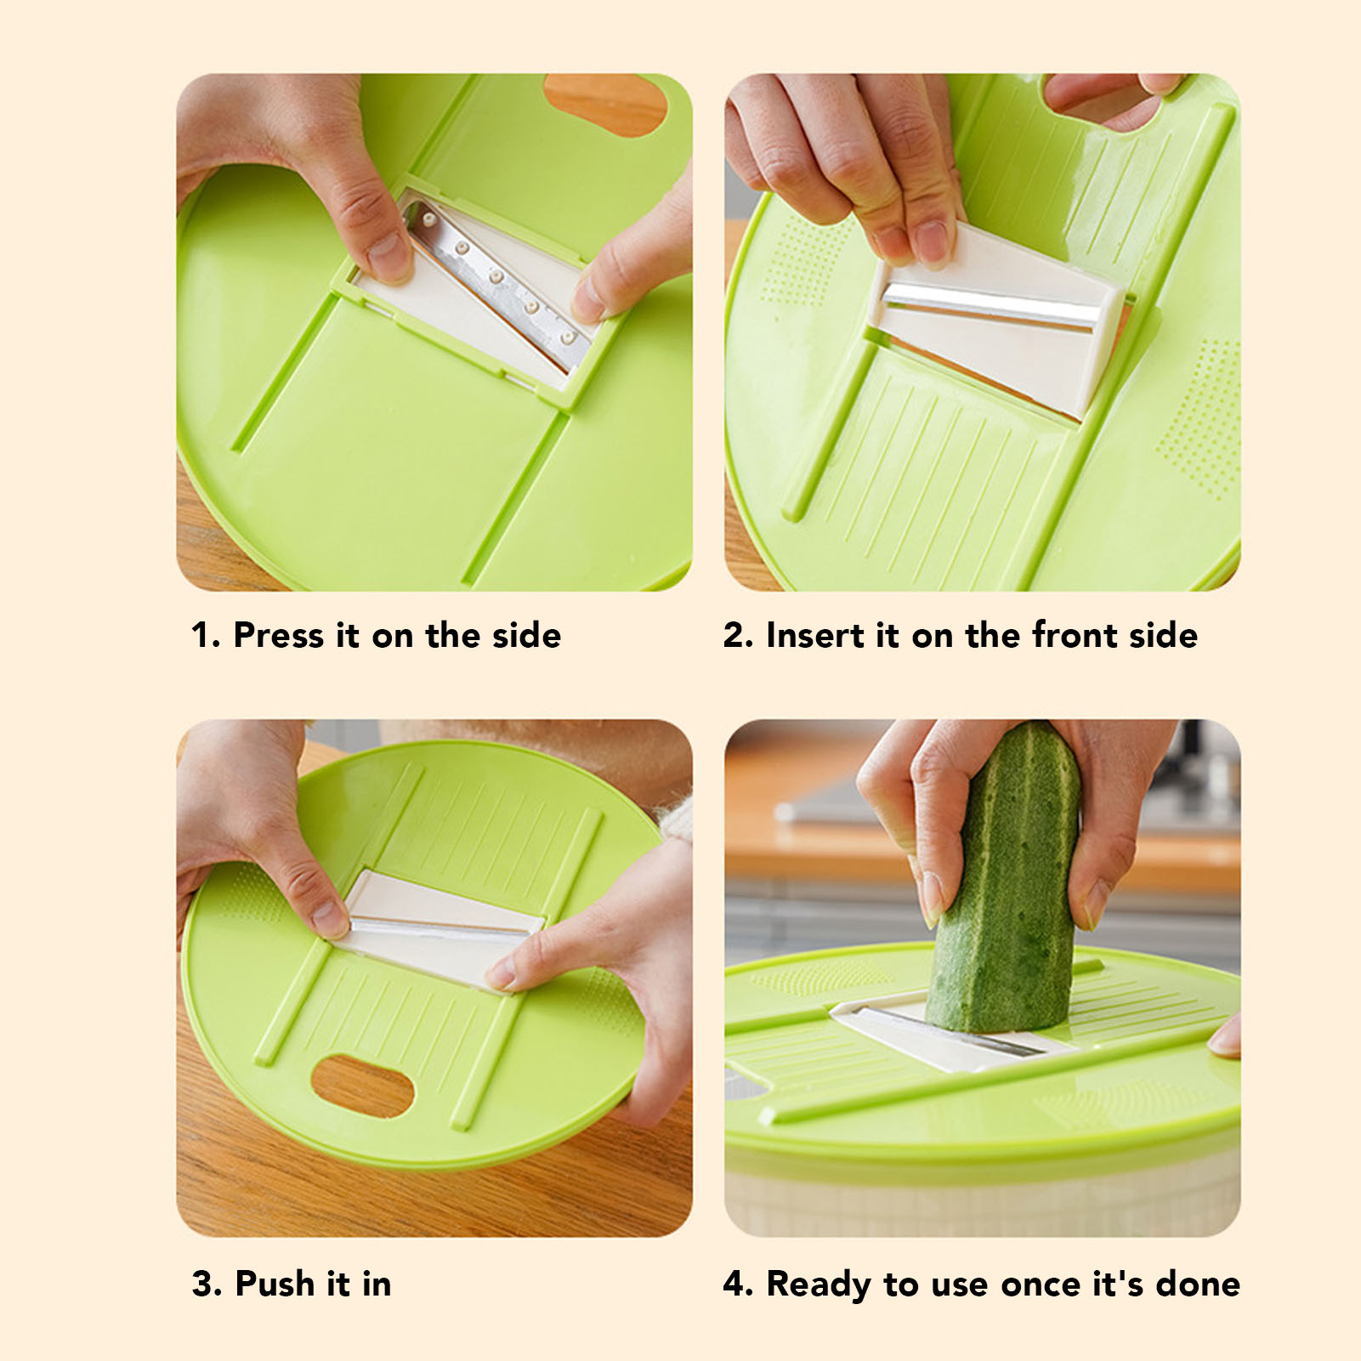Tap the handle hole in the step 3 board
tap(362, 1086)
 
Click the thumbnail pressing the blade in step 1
tap(387, 254)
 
